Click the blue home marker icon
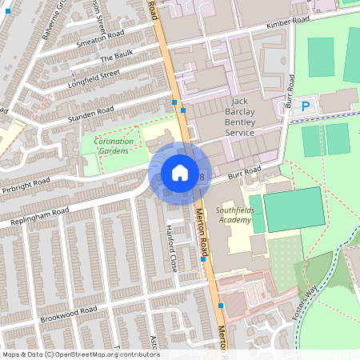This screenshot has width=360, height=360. coord(179,172)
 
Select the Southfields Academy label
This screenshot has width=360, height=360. coord(234,214)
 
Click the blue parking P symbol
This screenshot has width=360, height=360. coord(305,106)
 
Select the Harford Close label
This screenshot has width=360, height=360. coord(170,238)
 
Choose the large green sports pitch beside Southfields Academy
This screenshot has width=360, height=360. coord(293,208)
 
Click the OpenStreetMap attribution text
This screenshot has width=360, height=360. coord(80,354)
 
